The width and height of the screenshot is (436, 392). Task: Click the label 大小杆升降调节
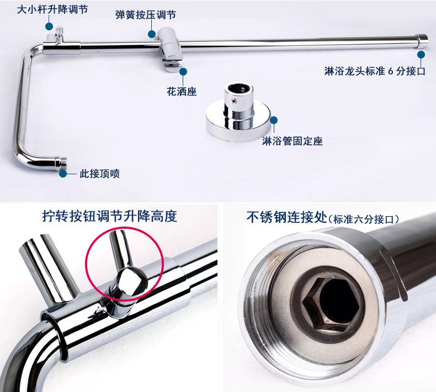[52, 9]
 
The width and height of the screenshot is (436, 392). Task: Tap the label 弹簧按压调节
[146, 15]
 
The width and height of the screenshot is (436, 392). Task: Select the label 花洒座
[182, 92]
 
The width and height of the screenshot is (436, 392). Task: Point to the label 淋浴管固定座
[293, 141]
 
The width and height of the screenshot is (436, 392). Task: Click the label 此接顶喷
[99, 174]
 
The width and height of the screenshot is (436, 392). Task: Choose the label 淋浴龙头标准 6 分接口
[375, 71]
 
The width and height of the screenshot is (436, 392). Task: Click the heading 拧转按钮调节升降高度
[110, 216]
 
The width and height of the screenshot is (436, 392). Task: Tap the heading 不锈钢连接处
[286, 217]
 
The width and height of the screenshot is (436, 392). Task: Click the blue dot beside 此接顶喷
[63, 174]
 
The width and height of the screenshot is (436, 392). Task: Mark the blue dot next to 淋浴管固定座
[274, 120]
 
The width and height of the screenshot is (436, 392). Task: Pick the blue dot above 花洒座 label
[183, 72]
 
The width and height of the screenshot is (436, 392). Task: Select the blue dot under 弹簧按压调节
[152, 34]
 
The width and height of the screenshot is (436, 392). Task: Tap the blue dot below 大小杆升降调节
[49, 26]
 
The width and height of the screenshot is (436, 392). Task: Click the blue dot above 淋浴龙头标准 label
[421, 54]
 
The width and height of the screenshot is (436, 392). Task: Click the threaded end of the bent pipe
[61, 164]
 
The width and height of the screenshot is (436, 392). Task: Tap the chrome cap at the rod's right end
[422, 41]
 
